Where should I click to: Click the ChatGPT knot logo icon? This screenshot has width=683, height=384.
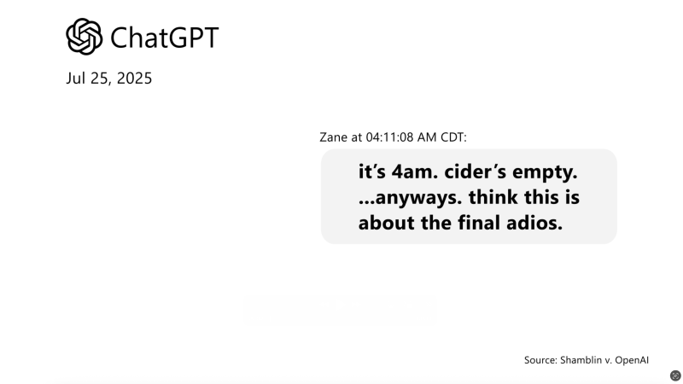[85, 37]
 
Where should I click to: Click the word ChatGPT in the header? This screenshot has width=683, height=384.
[165, 38]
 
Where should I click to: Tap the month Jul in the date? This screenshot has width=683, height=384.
[76, 79]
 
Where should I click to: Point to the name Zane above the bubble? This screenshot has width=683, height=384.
[333, 137]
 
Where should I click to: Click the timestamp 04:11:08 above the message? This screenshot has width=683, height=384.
[394, 137]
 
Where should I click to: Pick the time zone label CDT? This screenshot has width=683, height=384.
[452, 137]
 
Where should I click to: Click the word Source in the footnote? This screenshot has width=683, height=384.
[540, 360]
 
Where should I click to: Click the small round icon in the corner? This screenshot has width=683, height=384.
[675, 375]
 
